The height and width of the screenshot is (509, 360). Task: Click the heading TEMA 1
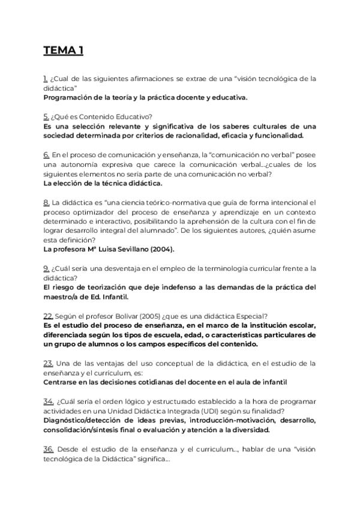pos(63,50)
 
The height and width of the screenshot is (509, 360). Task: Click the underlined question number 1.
pos(46,79)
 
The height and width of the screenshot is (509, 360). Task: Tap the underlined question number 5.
pos(46,116)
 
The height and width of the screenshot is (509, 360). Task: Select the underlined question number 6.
pos(46,154)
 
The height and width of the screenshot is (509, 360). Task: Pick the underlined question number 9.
pos(46,268)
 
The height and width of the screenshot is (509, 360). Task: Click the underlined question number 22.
pos(48,316)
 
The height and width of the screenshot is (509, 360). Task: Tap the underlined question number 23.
pos(49,363)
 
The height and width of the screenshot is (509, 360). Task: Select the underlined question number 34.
pos(49,401)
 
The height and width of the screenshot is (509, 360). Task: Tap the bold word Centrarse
pos(62,382)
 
